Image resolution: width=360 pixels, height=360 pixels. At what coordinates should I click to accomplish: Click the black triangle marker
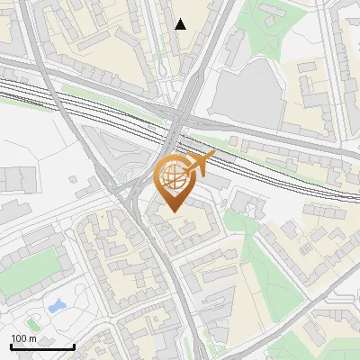tap(181, 24)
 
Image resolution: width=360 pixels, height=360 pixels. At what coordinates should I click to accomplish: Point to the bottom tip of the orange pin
tap(172, 212)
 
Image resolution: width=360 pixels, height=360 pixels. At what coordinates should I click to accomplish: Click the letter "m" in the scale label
tap(32, 338)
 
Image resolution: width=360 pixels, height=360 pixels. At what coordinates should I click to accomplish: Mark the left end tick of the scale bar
tap(11, 346)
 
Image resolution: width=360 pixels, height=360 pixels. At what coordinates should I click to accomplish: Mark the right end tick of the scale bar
tap(74, 346)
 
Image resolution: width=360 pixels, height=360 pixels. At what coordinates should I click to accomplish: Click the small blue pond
tap(56, 306)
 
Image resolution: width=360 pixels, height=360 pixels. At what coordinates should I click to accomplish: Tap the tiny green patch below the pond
tap(33, 322)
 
